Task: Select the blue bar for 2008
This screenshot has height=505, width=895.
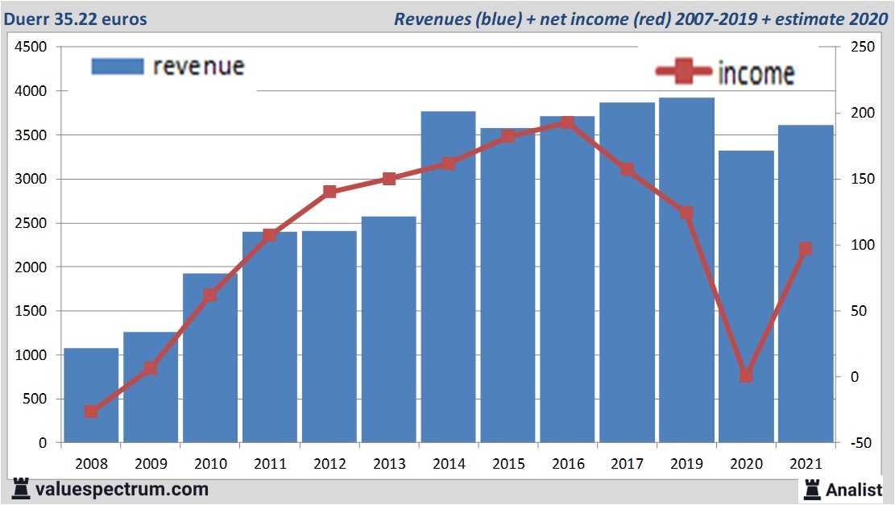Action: [x=91, y=395]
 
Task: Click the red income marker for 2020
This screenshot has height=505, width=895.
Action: [x=746, y=375]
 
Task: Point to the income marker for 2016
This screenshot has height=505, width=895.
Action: [x=567, y=122]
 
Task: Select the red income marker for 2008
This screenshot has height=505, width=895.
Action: [x=91, y=412]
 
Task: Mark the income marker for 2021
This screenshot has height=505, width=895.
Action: [x=806, y=249]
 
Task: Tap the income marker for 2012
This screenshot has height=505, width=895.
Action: [x=329, y=192]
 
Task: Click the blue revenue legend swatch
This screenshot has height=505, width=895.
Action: [x=118, y=66]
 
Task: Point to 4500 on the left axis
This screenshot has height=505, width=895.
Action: [x=31, y=48]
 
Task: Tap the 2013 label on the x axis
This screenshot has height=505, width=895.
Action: [x=388, y=465]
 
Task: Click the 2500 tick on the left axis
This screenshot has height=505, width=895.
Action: [x=31, y=223]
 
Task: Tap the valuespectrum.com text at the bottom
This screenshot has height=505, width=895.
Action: [x=121, y=489]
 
